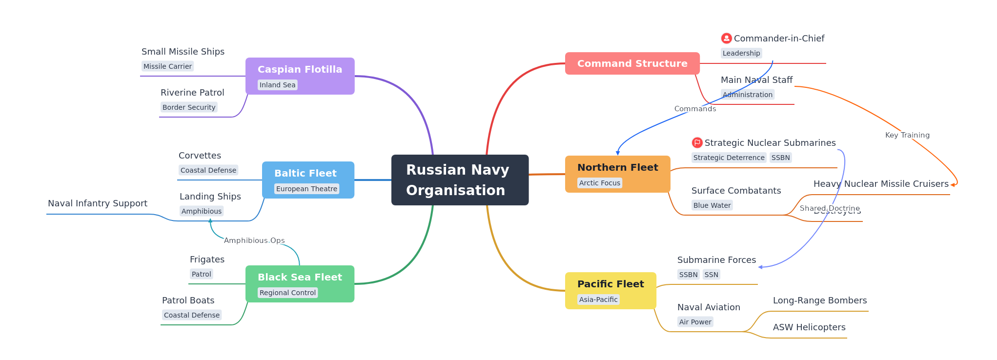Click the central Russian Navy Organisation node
(x=460, y=180)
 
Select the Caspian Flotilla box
(x=300, y=76)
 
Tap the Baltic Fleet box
(x=308, y=180)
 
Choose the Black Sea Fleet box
(x=300, y=283)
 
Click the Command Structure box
(x=632, y=63)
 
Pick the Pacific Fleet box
(x=610, y=290)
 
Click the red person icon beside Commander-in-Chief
(x=726, y=38)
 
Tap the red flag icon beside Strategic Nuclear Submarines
(x=697, y=142)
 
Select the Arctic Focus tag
(x=599, y=183)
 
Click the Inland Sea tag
(x=277, y=85)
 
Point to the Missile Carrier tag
(x=167, y=66)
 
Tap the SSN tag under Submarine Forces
(x=711, y=275)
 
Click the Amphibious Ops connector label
(x=254, y=240)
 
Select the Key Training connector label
(x=907, y=135)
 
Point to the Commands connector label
(x=695, y=109)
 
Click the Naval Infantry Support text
(x=98, y=203)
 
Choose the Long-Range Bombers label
(x=820, y=300)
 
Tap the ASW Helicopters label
(x=809, y=327)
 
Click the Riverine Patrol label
(x=192, y=93)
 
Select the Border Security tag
(x=189, y=107)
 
